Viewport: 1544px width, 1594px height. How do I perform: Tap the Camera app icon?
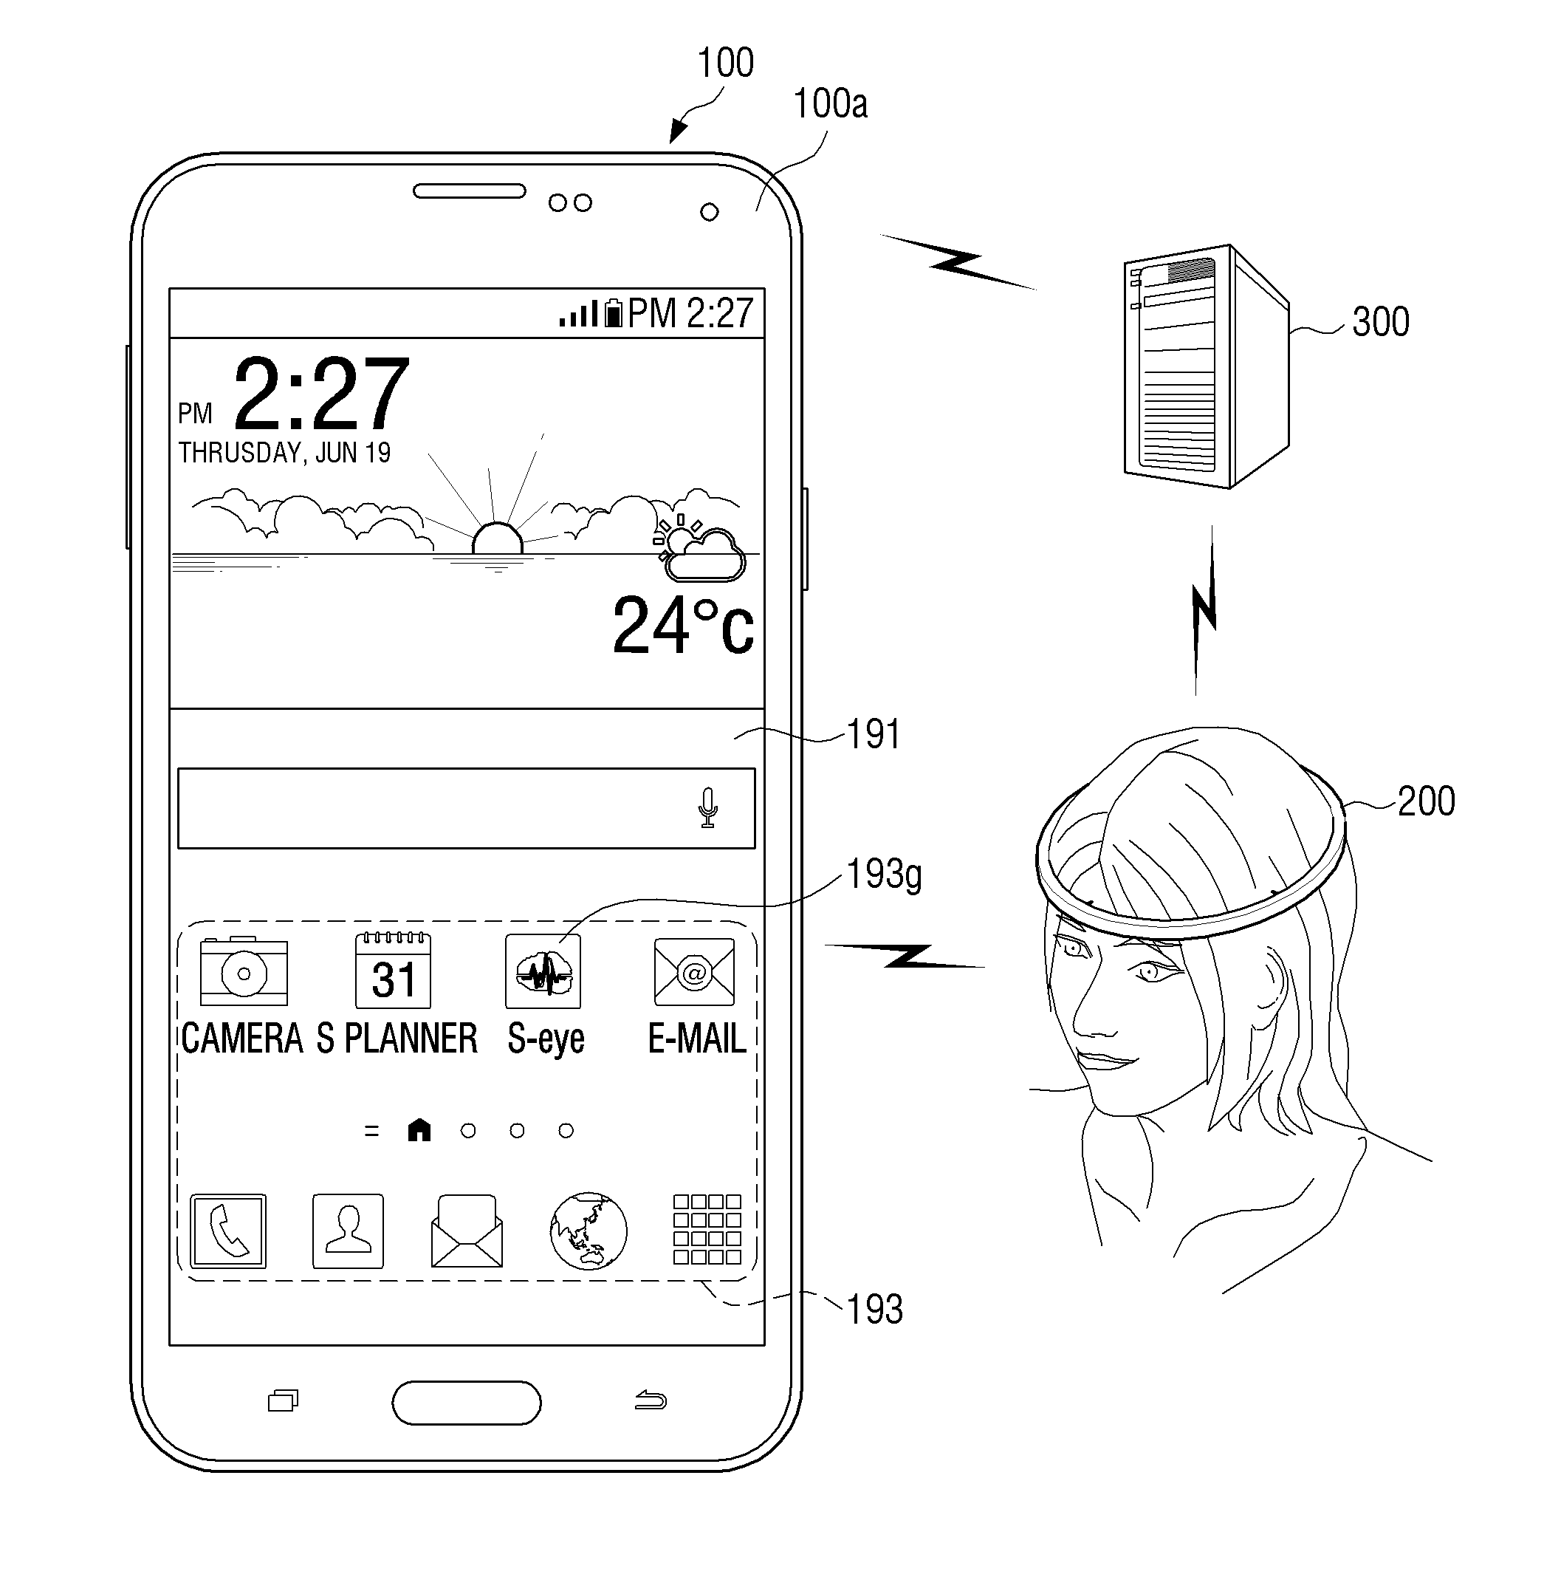(x=243, y=971)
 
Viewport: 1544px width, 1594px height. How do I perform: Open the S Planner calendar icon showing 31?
(x=393, y=971)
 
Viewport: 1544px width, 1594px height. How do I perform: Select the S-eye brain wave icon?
(x=543, y=971)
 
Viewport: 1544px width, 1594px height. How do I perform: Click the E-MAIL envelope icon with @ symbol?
(x=693, y=971)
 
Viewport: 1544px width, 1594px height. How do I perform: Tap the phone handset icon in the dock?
(x=227, y=1231)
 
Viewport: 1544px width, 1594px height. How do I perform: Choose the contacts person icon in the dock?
(x=348, y=1231)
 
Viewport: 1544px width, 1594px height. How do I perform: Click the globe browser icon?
(x=588, y=1231)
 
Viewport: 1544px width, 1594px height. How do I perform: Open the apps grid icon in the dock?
(x=707, y=1229)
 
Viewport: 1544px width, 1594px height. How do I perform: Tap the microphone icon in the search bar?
(x=707, y=807)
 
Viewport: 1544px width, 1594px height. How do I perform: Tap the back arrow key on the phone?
(x=651, y=1400)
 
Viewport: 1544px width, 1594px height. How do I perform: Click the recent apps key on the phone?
(x=283, y=1400)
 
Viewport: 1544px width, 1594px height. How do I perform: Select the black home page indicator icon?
(x=419, y=1129)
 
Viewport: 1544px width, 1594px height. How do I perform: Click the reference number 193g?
(x=884, y=875)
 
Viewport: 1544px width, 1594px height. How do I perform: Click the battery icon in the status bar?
(x=612, y=312)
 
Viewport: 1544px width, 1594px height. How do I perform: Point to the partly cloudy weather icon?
(x=699, y=549)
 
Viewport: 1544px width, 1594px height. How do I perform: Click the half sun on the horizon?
(x=497, y=539)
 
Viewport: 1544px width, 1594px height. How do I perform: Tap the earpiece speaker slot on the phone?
(x=469, y=191)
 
